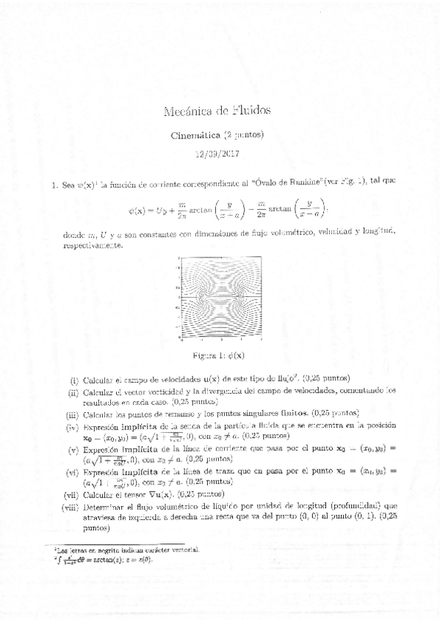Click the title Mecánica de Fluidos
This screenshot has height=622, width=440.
point(220,111)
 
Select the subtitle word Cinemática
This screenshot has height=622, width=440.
point(200,136)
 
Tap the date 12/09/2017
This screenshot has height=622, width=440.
point(219,154)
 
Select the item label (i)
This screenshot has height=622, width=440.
point(73,380)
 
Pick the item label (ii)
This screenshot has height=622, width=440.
point(73,392)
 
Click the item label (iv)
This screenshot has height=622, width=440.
point(71,427)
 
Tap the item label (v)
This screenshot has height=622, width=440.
point(72,449)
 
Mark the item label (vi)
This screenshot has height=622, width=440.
point(71,472)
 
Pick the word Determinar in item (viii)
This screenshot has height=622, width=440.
point(106,506)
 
